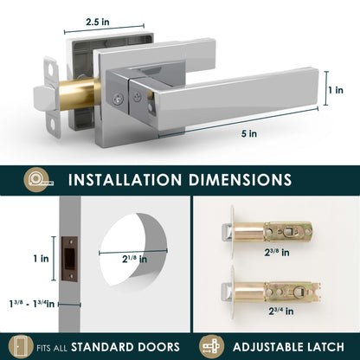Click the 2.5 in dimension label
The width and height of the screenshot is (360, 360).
coord(98,22)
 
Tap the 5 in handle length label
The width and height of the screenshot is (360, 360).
coord(249,134)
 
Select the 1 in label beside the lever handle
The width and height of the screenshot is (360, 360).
coord(336,90)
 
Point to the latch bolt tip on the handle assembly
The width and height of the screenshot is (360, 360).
coord(41,99)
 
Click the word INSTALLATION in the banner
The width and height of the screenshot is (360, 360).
coord(125,180)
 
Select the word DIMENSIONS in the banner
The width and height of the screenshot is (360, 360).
coord(240,180)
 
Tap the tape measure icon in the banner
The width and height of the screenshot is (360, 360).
coord(38,180)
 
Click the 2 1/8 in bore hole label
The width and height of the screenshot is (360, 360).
coord(134,259)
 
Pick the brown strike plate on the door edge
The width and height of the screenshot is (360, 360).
coord(69,259)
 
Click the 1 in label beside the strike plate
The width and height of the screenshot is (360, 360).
coord(42,259)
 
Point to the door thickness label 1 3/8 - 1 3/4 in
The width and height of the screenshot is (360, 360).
coord(32,304)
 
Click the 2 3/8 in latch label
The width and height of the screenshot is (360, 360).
coord(277,253)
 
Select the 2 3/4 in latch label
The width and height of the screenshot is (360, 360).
coord(281,311)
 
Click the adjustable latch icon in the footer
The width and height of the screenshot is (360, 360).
coord(211,346)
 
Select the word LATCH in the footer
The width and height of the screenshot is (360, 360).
coord(325,347)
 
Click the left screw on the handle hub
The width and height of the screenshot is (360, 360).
coord(118,99)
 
